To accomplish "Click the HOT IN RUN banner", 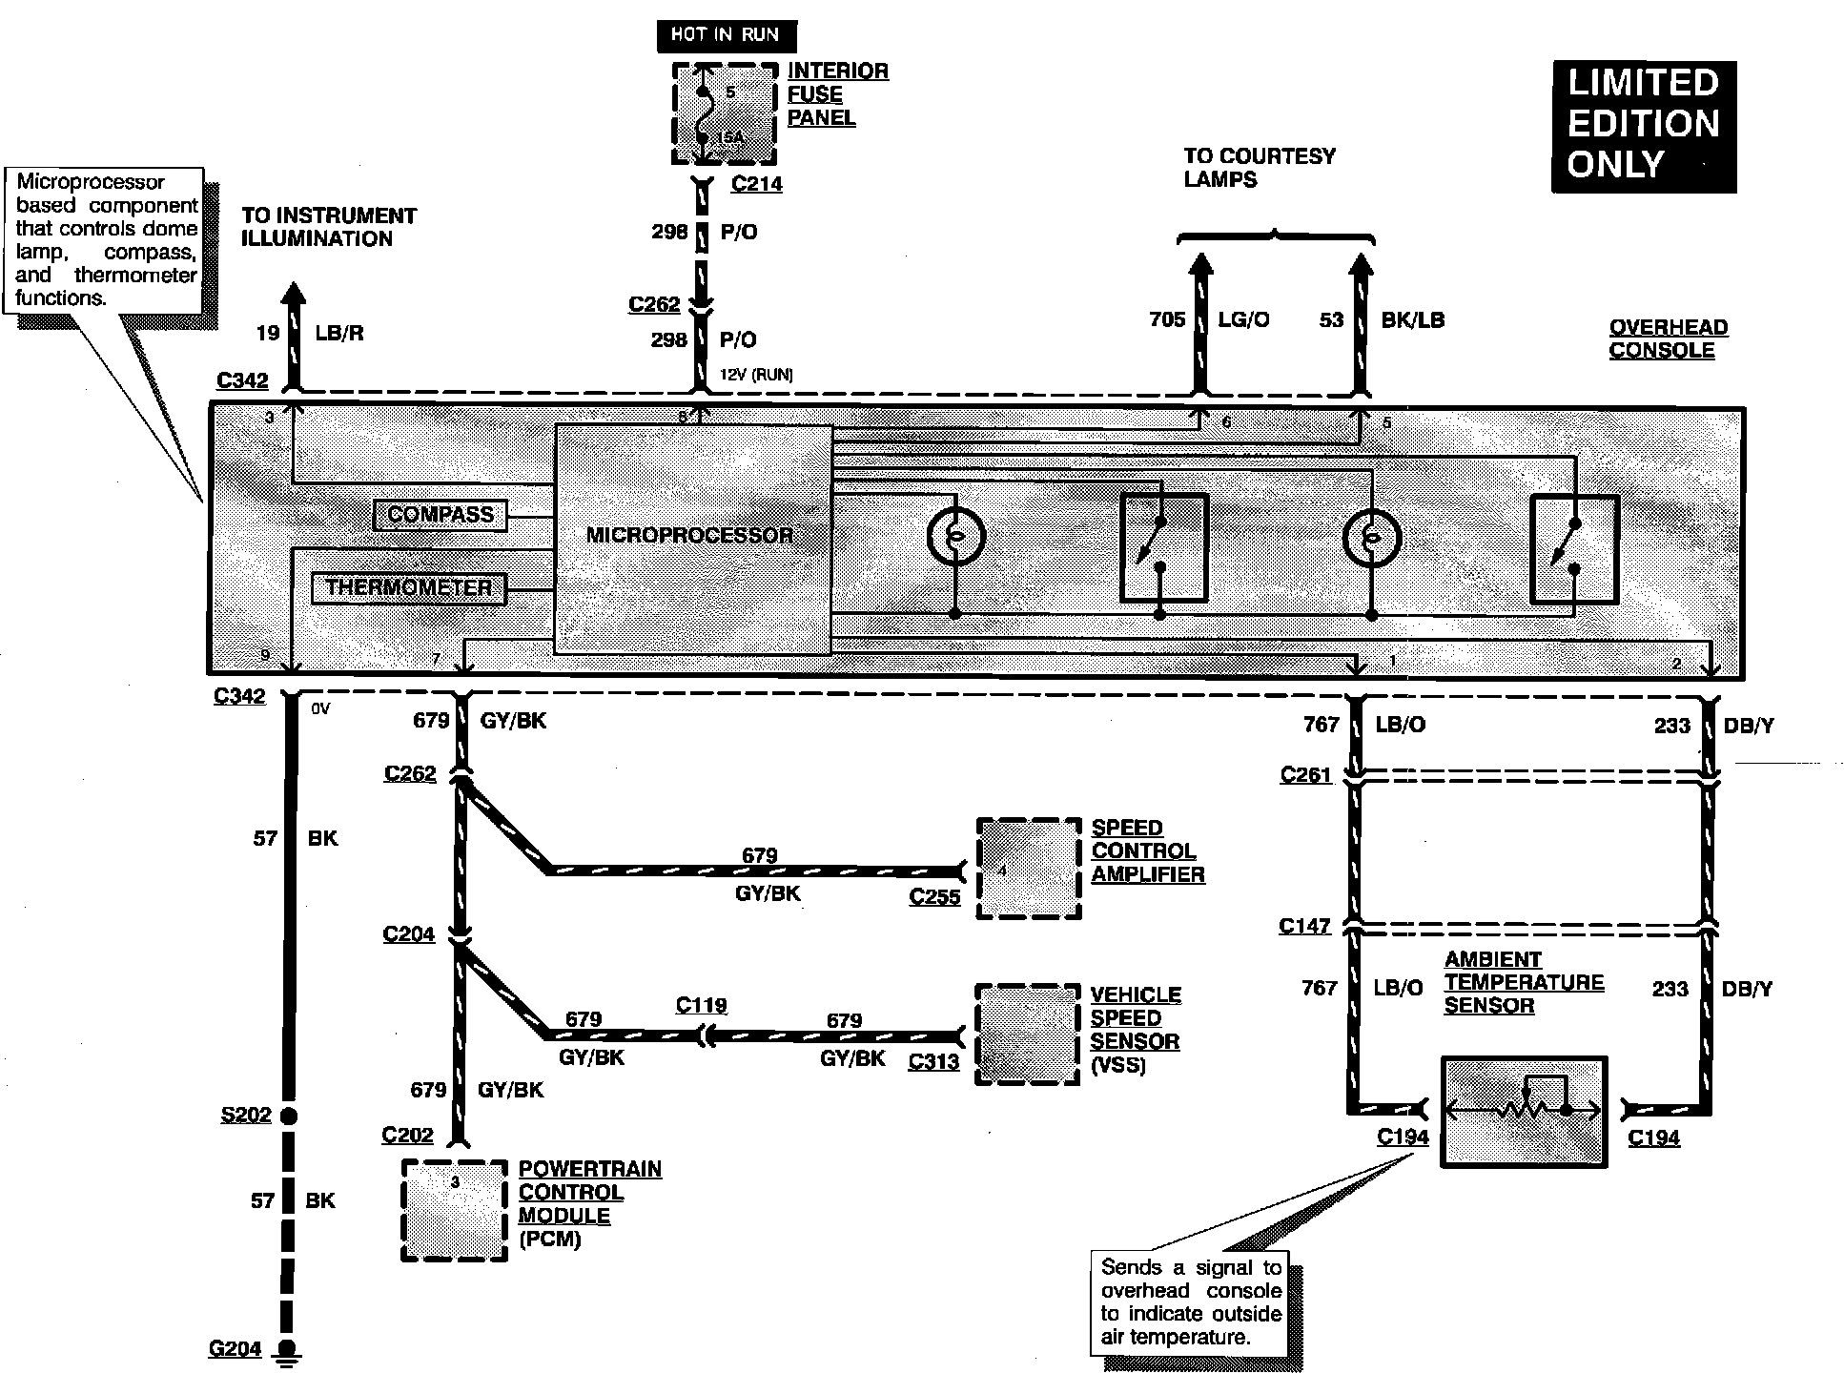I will point(726,35).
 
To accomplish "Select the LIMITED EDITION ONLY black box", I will point(1643,125).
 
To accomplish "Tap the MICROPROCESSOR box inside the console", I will point(692,538).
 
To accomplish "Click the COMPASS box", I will point(440,515).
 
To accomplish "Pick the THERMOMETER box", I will point(408,587).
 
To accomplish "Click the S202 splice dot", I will point(287,1115).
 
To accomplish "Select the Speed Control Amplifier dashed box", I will point(1028,868).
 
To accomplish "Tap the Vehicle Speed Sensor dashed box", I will point(1027,1035).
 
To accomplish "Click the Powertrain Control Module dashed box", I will point(454,1210).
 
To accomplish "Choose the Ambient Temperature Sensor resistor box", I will point(1523,1112).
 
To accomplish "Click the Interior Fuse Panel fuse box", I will point(724,113).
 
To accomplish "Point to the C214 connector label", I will point(756,184).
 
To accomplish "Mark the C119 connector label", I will point(701,1005).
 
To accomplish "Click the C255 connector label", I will point(934,896).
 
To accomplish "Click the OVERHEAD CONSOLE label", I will point(1668,338).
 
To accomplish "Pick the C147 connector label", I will point(1304,926).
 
